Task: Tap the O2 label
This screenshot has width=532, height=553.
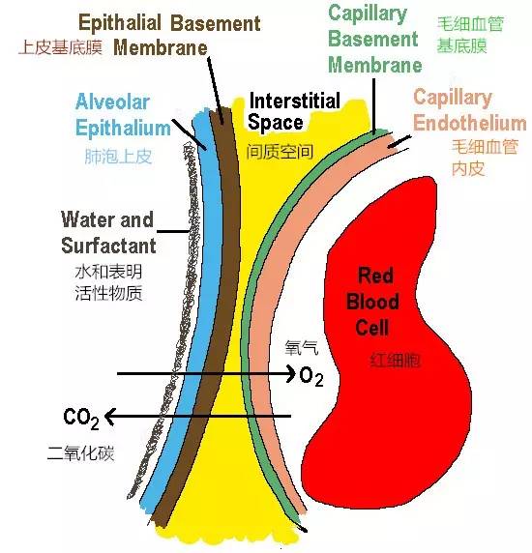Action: coord(311,376)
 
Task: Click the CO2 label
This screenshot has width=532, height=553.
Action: coord(81,419)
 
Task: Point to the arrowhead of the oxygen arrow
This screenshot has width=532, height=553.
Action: coord(291,373)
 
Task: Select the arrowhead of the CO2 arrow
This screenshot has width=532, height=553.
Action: coord(110,417)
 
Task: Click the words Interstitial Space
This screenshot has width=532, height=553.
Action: coord(294,111)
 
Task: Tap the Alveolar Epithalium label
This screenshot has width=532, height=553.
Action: coord(123,115)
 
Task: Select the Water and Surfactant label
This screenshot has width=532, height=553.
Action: coord(108,232)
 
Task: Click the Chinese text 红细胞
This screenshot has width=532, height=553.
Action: coord(395,361)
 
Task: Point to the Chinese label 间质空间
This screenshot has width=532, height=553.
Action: coord(280,152)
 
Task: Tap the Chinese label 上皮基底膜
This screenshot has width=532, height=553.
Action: coord(60,47)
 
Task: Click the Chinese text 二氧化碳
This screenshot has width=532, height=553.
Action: coord(81,453)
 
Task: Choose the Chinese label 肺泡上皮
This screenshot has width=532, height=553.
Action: coord(118,157)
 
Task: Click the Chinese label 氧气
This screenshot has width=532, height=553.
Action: coord(302,348)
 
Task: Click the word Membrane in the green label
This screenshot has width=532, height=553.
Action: coord(375,65)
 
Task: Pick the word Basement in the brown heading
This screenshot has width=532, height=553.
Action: coord(216,23)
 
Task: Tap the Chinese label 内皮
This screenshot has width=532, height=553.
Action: coord(468,168)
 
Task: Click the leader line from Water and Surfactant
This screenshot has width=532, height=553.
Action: coord(173,232)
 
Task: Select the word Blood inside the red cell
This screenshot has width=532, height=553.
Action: coord(372,302)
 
